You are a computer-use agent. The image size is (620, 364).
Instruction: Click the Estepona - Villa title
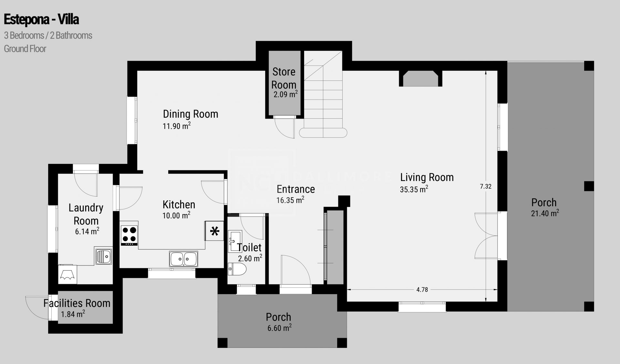point(41,20)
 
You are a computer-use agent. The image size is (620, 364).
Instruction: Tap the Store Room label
point(284,78)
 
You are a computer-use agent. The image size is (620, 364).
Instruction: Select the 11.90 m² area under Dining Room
point(177,126)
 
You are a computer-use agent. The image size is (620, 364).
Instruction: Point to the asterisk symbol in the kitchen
point(215,231)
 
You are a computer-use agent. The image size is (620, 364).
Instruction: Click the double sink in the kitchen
point(183,259)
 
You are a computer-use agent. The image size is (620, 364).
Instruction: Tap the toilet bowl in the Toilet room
point(237,269)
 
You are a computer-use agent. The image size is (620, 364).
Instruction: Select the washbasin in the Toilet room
point(234,241)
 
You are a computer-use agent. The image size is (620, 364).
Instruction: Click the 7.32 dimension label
point(485,186)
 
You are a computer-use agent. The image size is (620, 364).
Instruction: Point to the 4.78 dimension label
point(422,290)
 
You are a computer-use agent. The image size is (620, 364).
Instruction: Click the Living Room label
point(427,177)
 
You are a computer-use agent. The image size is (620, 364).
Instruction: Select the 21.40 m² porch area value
point(545,213)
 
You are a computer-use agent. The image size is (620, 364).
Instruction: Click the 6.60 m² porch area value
point(279,328)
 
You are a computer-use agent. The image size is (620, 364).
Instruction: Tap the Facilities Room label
point(77,303)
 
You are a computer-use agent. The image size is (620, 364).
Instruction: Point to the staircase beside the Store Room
point(323,97)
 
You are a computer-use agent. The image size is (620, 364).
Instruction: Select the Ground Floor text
point(25,49)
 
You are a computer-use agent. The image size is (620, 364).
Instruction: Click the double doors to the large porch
point(486,236)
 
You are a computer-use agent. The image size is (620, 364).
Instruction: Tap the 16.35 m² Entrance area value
point(290,200)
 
